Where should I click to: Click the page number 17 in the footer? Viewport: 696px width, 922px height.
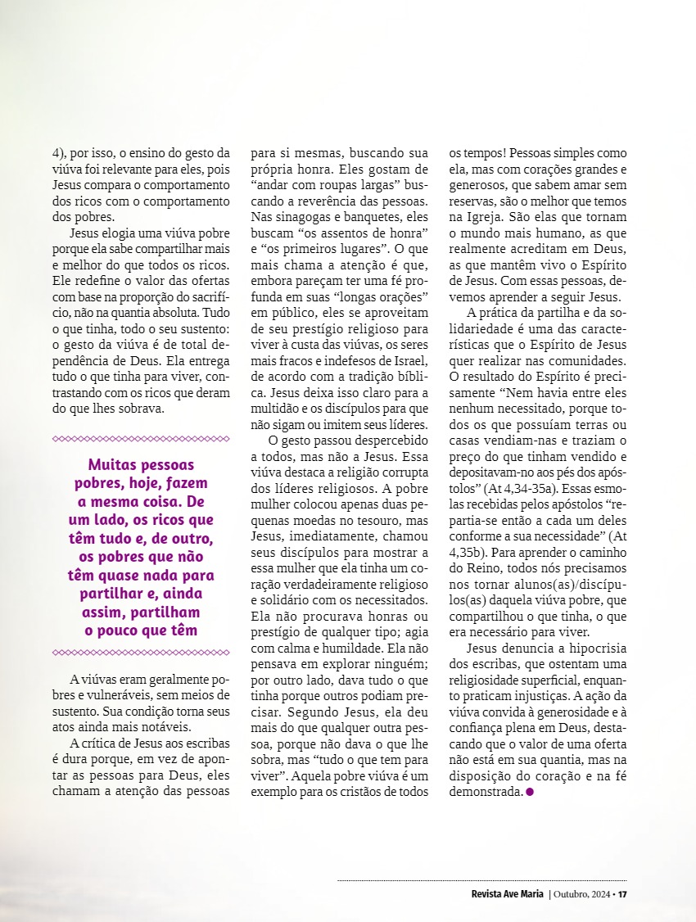[622, 893]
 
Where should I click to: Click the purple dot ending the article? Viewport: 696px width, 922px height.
[530, 792]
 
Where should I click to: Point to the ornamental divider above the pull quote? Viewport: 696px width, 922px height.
[141, 439]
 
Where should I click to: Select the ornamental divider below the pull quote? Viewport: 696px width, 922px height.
[141, 652]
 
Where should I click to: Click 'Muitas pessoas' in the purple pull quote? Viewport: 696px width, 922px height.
[141, 464]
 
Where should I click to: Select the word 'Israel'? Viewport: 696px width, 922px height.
[409, 360]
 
